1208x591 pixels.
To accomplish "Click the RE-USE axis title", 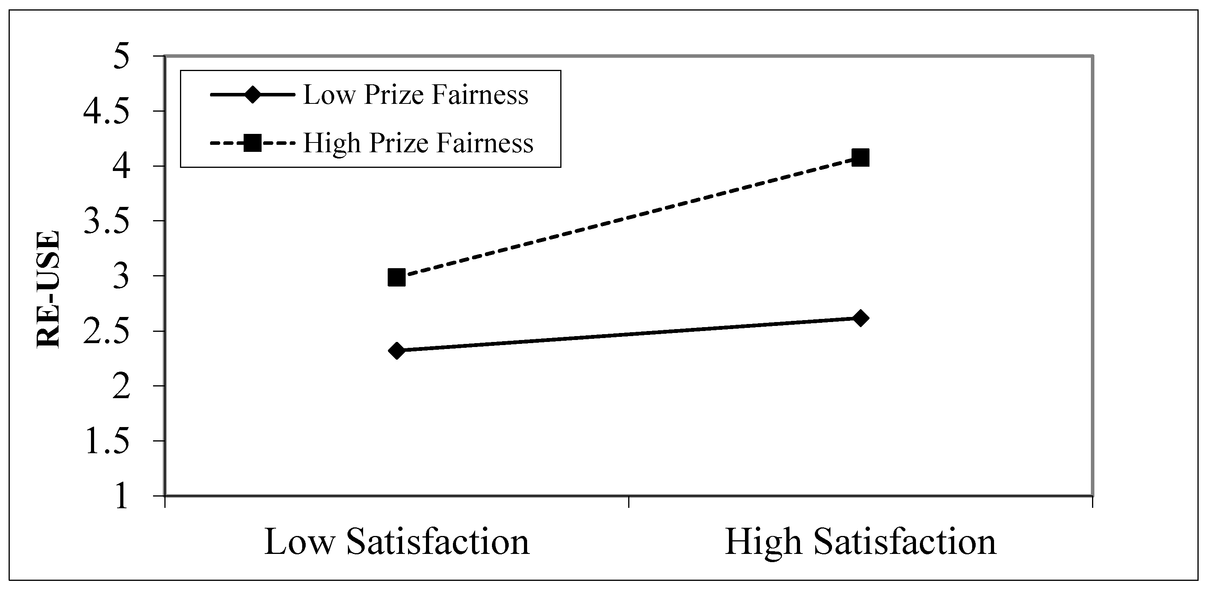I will point(49,289).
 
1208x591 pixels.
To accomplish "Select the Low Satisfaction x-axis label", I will point(397,542).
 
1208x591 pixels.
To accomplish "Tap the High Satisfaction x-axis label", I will point(860,542).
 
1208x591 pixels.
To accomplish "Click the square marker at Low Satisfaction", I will point(397,278).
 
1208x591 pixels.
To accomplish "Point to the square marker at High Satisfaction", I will point(861,158).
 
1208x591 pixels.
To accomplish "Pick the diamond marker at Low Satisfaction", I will point(397,351).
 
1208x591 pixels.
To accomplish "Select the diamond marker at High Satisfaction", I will point(861,319).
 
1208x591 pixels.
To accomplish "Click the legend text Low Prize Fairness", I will point(416,95).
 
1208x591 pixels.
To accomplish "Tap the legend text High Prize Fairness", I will point(418,142).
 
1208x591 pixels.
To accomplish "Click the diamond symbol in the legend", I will point(252,95).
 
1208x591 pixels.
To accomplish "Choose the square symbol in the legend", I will point(252,143).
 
